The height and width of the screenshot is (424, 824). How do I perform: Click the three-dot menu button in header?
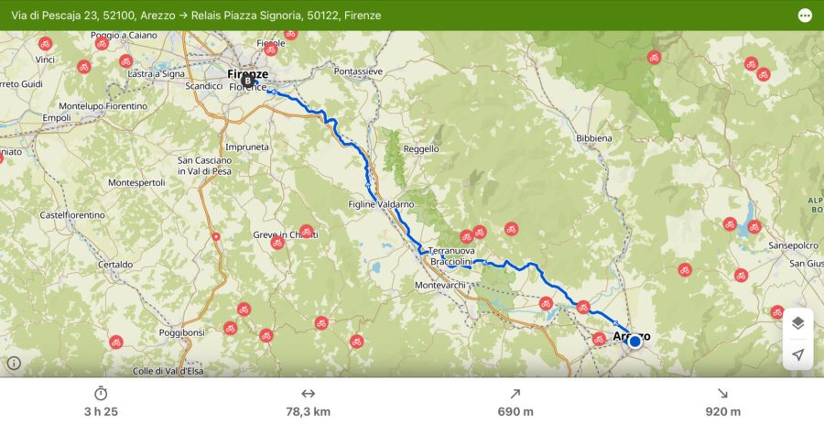[805, 16]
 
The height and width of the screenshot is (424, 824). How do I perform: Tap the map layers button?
[797, 322]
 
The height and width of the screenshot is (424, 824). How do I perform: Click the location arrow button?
[797, 354]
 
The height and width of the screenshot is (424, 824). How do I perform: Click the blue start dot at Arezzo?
[634, 342]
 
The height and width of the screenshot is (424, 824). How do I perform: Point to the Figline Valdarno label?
[381, 204]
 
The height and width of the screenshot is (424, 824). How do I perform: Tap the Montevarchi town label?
[440, 286]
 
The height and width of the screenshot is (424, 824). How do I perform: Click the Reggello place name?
[421, 148]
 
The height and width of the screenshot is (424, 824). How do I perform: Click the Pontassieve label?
[357, 71]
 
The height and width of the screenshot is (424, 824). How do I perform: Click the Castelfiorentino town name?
[72, 215]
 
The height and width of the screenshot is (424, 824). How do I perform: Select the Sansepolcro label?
[792, 245]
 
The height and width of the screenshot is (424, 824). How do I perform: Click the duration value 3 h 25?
[101, 411]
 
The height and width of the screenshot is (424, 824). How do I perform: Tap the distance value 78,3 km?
[308, 411]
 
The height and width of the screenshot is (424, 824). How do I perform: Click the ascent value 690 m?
[515, 411]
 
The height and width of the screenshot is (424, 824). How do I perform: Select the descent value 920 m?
[722, 411]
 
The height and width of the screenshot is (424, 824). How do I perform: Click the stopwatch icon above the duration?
[101, 393]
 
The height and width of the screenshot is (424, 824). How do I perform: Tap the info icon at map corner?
[14, 363]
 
